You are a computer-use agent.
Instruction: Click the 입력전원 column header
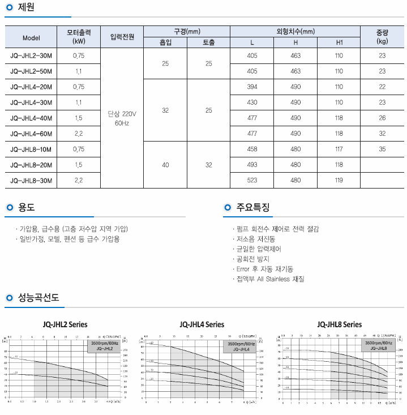click(x=122, y=38)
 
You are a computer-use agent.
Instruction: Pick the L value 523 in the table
click(x=252, y=181)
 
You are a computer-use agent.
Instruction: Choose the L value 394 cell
click(x=252, y=87)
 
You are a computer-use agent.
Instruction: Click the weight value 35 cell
click(x=382, y=149)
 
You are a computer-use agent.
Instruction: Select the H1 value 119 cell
click(x=339, y=181)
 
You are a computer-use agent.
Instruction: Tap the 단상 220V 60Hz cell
click(x=122, y=118)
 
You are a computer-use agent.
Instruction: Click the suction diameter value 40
click(x=165, y=165)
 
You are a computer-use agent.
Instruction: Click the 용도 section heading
click(x=27, y=208)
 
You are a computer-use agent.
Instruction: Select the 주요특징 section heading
click(x=254, y=208)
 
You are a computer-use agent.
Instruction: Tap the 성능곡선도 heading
click(x=38, y=297)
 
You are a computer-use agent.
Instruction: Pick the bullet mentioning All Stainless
click(x=270, y=279)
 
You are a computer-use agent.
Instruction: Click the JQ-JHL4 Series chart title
click(x=202, y=325)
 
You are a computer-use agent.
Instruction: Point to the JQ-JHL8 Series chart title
click(x=340, y=325)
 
